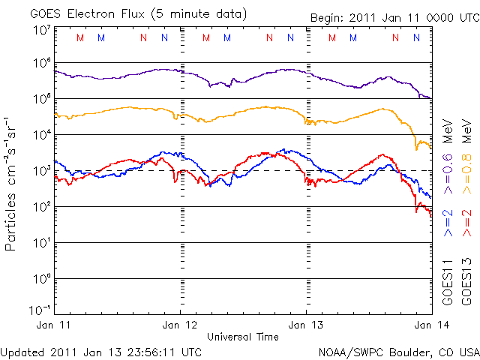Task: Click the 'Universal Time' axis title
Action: pos(242,337)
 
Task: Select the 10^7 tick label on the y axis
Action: pos(41,30)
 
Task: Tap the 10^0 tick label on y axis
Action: pos(41,279)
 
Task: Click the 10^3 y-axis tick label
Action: pos(41,171)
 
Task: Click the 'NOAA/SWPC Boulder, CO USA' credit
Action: pos(398,351)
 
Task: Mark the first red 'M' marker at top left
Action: pos(80,37)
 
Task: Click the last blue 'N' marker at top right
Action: pos(415,37)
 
